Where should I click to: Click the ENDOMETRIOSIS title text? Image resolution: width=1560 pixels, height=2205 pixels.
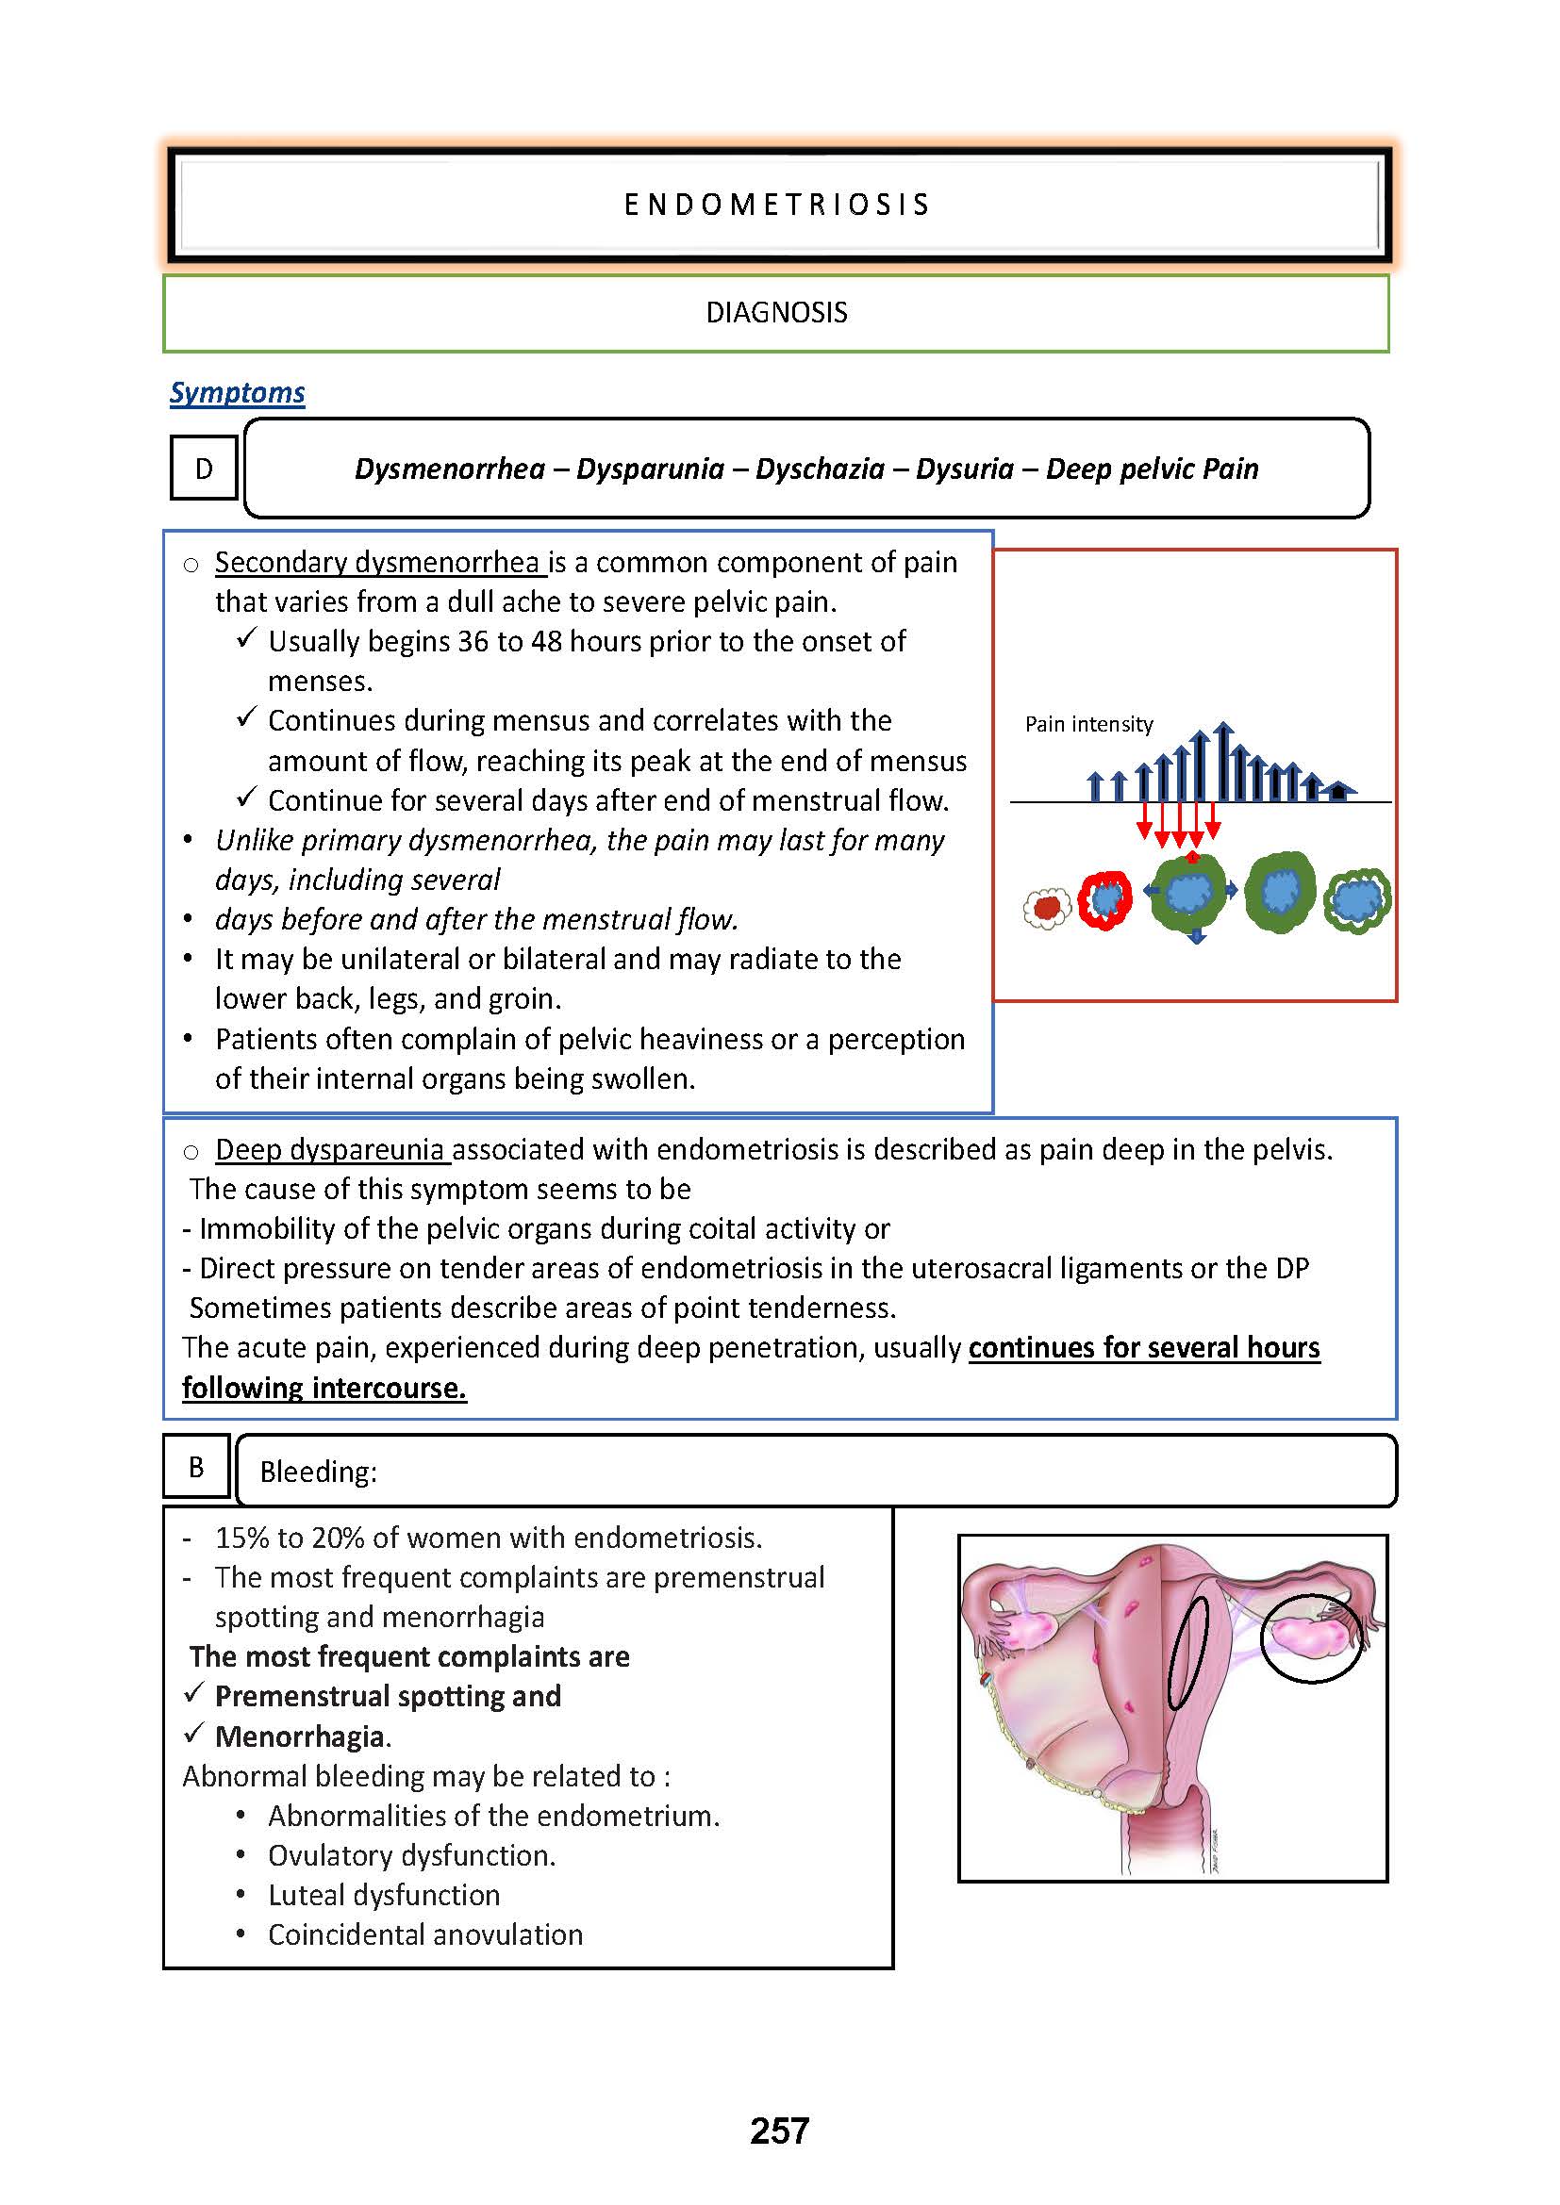(777, 205)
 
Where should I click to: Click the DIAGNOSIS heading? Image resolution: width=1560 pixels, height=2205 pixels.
(776, 313)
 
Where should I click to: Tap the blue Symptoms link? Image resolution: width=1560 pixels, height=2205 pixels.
(238, 393)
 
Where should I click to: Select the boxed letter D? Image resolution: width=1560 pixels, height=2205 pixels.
(204, 469)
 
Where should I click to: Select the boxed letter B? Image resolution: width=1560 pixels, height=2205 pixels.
(196, 1467)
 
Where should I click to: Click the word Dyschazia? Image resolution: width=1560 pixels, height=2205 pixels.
(820, 469)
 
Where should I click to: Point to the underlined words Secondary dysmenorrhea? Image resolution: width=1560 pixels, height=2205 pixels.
(379, 563)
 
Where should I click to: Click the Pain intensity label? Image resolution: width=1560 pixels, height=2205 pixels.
(1088, 724)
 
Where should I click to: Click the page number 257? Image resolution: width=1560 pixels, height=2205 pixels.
(779, 2131)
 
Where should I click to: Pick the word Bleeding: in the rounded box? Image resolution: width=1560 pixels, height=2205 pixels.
(318, 1473)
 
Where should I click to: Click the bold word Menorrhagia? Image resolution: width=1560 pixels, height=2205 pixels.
(303, 1736)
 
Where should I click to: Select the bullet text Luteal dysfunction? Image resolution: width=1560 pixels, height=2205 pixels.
(384, 1895)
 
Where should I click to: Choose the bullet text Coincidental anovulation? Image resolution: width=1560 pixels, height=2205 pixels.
(425, 1934)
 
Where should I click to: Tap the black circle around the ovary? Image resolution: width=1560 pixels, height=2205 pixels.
(1312, 1640)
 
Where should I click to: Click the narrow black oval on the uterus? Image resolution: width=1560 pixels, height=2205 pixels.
(1187, 1654)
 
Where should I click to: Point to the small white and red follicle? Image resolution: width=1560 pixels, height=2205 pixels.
(1047, 908)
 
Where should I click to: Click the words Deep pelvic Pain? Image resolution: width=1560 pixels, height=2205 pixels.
(1152, 469)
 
